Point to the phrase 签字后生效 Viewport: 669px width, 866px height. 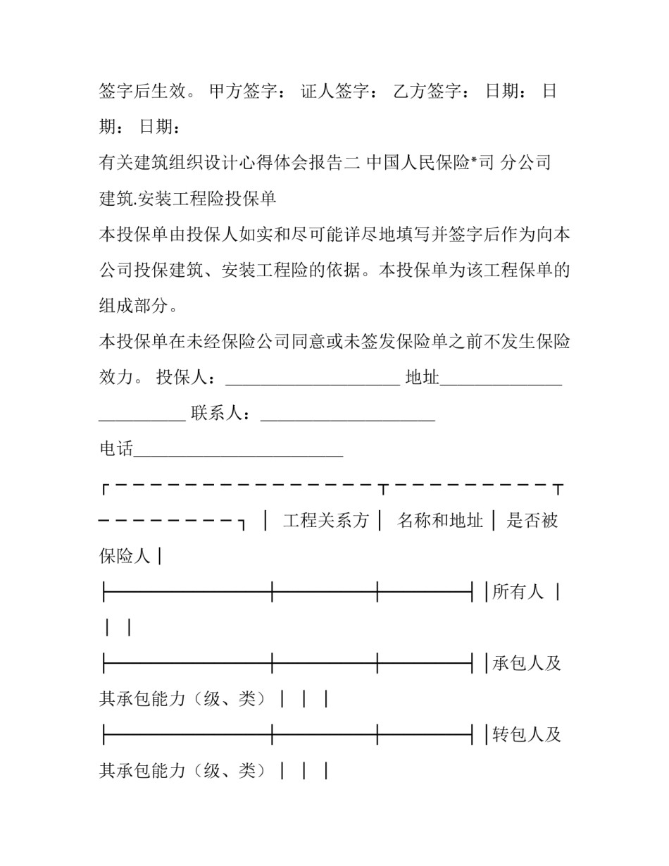pos(143,92)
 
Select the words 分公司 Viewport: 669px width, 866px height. pos(525,163)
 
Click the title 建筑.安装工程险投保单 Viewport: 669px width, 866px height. pos(187,199)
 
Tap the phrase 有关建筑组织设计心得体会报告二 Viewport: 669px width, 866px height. pos(230,163)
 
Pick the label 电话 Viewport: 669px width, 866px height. pos(116,449)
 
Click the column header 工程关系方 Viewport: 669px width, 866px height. pos(326,521)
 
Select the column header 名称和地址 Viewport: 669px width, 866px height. pos(440,521)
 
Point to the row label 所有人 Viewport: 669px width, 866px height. pos(518,592)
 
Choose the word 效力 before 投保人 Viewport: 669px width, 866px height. pos(116,378)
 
